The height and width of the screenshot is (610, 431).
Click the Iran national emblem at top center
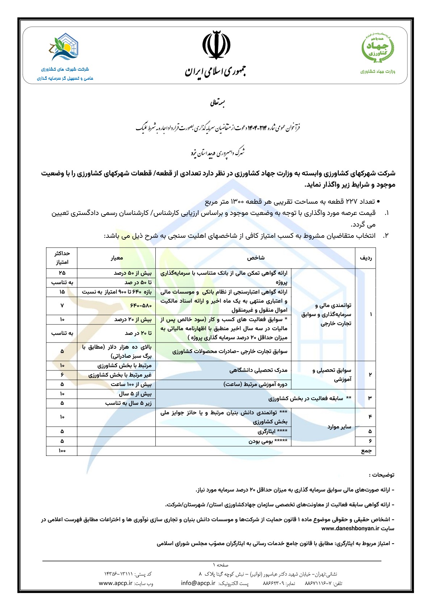[x=216, y=45]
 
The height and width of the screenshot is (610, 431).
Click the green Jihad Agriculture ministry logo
[x=378, y=47]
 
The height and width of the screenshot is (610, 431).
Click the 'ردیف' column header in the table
[x=365, y=258]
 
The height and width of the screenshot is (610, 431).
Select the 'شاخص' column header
[x=256, y=258]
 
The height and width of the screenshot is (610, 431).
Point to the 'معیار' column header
[x=117, y=258]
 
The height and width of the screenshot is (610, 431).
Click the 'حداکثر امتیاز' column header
[x=62, y=258]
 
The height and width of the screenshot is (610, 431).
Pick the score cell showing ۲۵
[x=62, y=273]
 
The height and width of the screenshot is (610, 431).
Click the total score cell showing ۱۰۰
[x=62, y=451]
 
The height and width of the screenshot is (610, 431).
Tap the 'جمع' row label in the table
[x=366, y=451]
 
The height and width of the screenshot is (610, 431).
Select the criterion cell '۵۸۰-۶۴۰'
[x=141, y=306]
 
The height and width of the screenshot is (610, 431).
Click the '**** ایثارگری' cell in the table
[x=272, y=432]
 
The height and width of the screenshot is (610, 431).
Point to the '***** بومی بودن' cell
[x=268, y=441]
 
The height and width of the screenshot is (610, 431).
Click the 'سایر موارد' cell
[x=339, y=427]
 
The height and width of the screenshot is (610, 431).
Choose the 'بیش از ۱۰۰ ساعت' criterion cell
[x=131, y=384]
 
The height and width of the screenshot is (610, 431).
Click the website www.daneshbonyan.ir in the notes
[x=350, y=528]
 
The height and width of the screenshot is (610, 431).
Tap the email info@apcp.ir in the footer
[x=198, y=583]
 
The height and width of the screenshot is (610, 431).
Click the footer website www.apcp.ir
[x=116, y=583]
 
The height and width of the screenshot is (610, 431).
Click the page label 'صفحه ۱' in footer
[x=221, y=565]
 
